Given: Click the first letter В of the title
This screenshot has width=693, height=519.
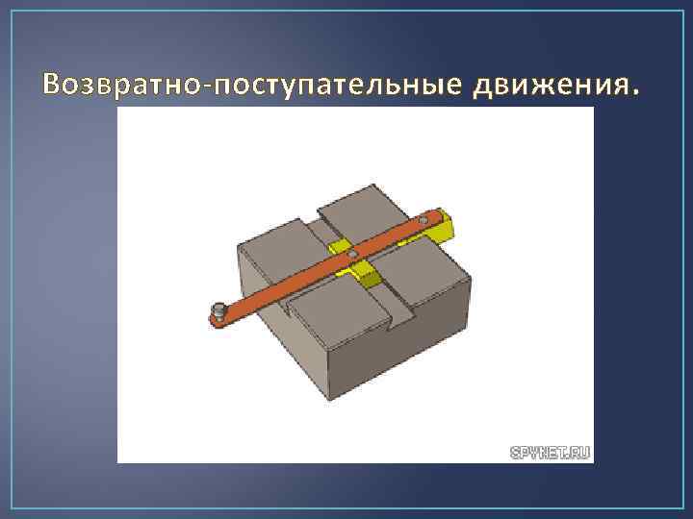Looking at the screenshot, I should [x=53, y=86].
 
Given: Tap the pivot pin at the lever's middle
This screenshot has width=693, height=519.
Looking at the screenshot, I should [x=353, y=254].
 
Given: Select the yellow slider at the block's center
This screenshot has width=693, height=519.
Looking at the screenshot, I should [x=368, y=275].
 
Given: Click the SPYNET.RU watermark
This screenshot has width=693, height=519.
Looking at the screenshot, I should [x=548, y=449].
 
